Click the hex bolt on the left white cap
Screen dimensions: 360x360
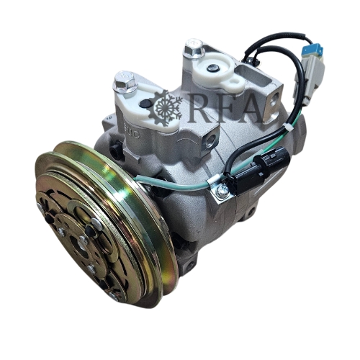pyautogui.click(x=125, y=81)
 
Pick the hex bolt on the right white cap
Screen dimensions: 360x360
pyautogui.click(x=194, y=49)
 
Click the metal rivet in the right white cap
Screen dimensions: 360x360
pyautogui.click(x=212, y=68)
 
